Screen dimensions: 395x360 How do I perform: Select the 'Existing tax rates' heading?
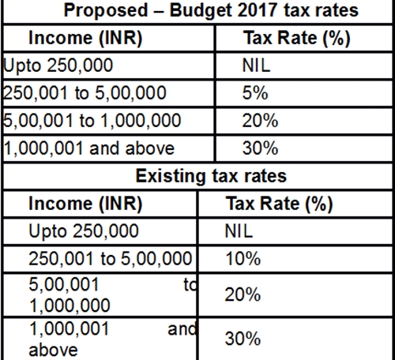tap(211, 174)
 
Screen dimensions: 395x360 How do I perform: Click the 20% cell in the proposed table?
tap(260, 121)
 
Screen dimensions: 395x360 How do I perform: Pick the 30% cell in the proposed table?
tap(260, 148)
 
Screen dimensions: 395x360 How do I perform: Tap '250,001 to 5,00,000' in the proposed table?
tap(85, 93)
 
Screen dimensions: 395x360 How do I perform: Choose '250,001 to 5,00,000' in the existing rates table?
tap(110, 257)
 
